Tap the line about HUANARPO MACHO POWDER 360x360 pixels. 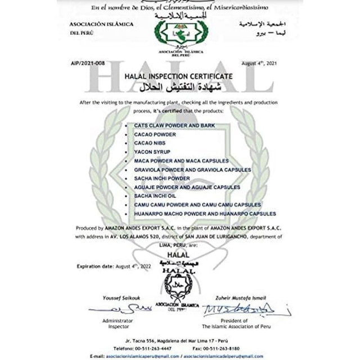tap(205, 214)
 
